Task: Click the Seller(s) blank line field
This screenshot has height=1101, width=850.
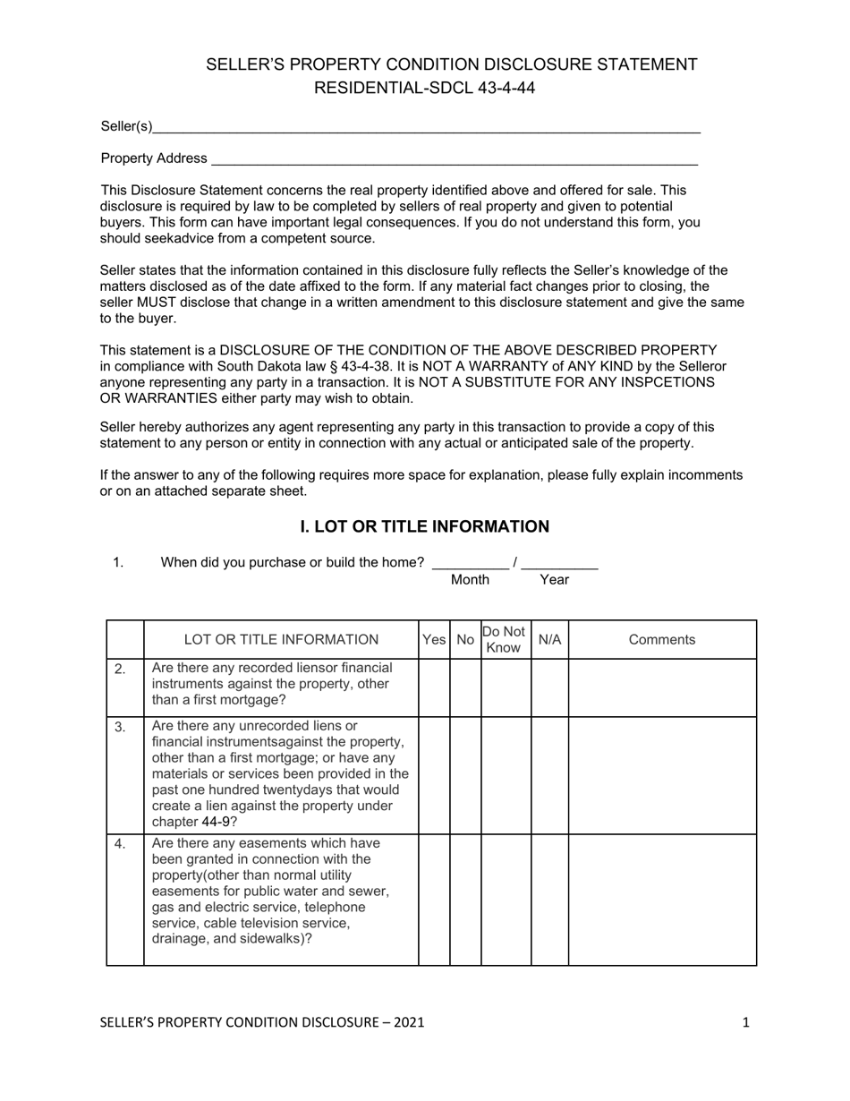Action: click(426, 128)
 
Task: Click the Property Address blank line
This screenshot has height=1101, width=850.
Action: click(453, 159)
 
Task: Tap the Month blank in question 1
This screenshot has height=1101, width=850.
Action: click(470, 563)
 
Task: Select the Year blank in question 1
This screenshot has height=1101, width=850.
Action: click(559, 563)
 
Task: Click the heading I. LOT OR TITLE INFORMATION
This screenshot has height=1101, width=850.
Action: click(424, 526)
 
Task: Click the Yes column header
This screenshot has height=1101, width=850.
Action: click(434, 640)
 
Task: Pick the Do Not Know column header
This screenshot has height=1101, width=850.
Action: click(506, 640)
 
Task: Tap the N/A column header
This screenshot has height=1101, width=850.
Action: click(549, 640)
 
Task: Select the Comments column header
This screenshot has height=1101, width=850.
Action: click(661, 640)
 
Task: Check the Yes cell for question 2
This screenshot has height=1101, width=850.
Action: click(434, 687)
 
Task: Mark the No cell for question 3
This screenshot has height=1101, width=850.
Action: click(465, 775)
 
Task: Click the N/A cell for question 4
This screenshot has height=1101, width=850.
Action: click(549, 900)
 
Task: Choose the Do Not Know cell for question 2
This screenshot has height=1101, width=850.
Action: click(506, 687)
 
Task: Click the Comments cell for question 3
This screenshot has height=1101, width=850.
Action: click(661, 775)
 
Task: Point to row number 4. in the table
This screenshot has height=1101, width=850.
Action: click(121, 844)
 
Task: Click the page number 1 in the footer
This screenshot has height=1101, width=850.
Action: click(745, 1022)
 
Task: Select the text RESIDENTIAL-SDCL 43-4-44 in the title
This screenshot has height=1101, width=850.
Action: click(424, 88)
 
